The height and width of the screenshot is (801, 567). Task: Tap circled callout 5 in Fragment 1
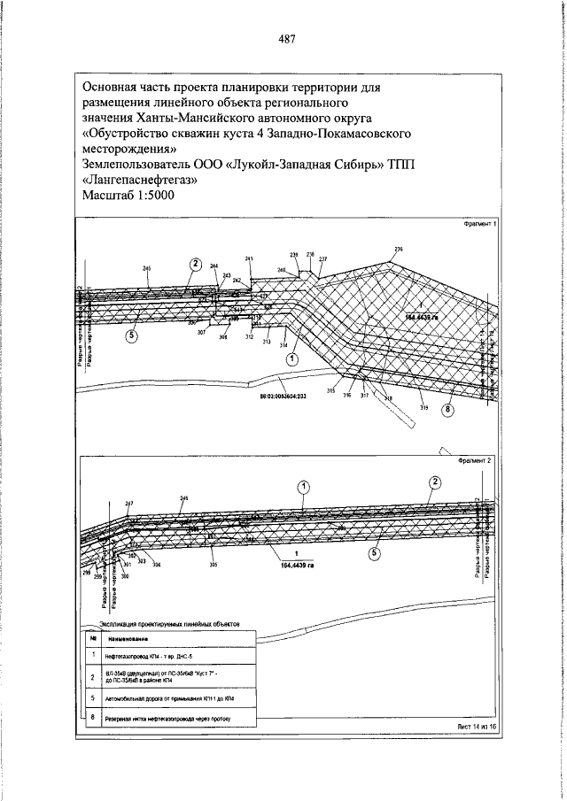coord(132,336)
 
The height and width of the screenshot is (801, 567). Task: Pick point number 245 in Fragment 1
coord(146,267)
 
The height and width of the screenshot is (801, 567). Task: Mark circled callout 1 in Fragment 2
coord(303,487)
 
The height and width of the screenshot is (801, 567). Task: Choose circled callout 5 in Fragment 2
coord(374,553)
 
